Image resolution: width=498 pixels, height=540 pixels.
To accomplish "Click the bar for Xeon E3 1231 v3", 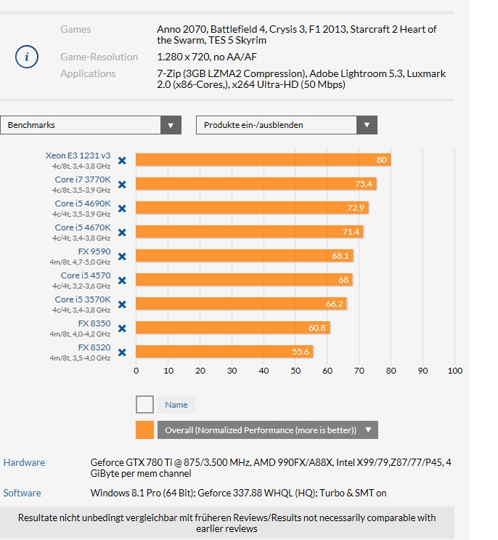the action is click(x=263, y=160).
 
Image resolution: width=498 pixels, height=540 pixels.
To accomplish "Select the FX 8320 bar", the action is click(x=224, y=352).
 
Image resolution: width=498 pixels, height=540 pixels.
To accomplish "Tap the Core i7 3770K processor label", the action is click(x=83, y=180).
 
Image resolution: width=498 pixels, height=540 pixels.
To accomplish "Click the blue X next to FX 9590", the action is click(x=122, y=257).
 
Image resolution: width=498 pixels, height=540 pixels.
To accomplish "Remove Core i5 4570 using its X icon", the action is click(x=122, y=281).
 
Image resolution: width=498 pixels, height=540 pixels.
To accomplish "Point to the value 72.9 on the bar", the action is click(x=356, y=208).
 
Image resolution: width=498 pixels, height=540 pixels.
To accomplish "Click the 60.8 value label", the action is click(x=317, y=328).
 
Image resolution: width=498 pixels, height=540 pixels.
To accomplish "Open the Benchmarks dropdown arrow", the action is click(x=171, y=125).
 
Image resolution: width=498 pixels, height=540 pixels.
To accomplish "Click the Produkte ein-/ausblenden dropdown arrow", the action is click(x=367, y=125).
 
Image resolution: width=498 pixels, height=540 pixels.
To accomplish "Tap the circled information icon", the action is click(x=26, y=57).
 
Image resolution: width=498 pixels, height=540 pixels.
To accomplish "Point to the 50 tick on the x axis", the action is click(x=295, y=371).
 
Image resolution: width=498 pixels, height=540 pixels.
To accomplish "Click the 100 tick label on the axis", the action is click(x=455, y=371).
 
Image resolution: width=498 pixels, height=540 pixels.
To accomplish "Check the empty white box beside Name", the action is click(x=144, y=404).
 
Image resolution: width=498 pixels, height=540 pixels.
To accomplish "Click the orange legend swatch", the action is click(x=144, y=430).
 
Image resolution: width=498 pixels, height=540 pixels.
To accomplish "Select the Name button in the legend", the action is click(x=176, y=405).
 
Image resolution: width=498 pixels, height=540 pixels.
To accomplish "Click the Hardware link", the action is click(x=24, y=462).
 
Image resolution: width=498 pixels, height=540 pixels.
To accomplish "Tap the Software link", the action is click(x=22, y=493).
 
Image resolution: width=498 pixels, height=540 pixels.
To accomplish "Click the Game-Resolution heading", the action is click(x=99, y=57).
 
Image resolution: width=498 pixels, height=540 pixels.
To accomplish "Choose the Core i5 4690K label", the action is click(x=83, y=203).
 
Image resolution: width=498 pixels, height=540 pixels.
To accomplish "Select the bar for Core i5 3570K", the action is click(x=241, y=303).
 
